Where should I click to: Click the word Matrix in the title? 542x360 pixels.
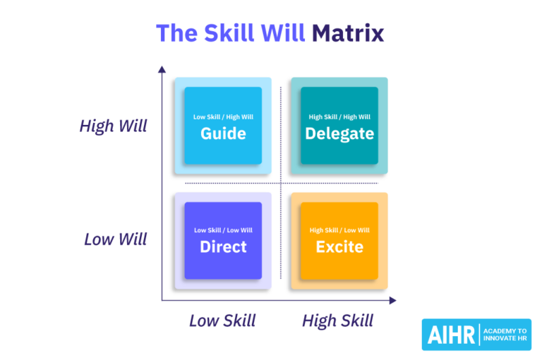pos(348,33)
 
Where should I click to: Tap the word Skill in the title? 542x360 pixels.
pos(227,33)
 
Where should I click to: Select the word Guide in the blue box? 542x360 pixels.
pos(223,133)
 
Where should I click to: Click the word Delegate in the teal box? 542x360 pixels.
pos(339,133)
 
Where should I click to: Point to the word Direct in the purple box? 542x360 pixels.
pos(223,247)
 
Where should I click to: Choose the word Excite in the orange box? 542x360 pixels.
pos(339,247)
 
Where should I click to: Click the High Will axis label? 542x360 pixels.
pos(114,126)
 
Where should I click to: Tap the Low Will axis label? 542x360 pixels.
pos(116,239)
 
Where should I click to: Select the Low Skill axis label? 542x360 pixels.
pos(222,320)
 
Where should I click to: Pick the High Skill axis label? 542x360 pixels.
pos(337,320)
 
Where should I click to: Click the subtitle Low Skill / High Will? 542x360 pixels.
pos(223,117)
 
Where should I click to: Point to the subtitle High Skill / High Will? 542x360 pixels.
pos(339,117)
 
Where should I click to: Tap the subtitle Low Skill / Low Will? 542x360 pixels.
pos(223,230)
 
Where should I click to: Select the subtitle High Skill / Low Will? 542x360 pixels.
pos(339,230)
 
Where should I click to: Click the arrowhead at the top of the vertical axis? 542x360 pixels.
pos(162,69)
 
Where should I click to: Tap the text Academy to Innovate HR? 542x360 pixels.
pos(506,335)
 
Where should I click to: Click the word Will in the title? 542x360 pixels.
pos(283,33)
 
